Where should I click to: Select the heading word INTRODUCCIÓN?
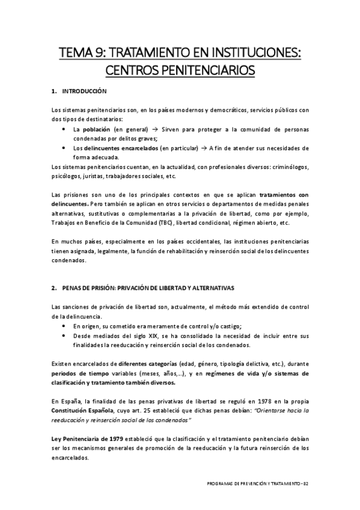pyautogui.click(x=84, y=91)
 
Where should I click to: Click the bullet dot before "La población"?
pyautogui.click(x=65, y=129)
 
